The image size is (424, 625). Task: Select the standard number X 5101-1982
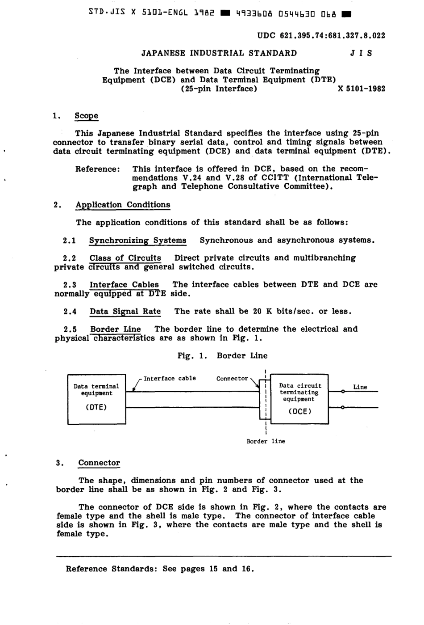362,89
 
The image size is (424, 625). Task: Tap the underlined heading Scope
86,116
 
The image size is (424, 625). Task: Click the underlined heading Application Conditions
123,205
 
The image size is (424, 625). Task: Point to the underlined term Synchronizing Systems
137,241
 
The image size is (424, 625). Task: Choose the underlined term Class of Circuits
125,258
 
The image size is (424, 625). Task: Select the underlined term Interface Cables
124,285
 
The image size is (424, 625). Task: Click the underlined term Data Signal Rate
125,312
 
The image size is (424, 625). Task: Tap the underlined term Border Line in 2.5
115,329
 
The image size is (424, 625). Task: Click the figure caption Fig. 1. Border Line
222,356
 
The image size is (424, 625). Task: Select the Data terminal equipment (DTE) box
96,399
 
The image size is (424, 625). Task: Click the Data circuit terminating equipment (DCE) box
299,399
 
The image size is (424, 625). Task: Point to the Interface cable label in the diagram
170,378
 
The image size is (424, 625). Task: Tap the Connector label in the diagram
232,379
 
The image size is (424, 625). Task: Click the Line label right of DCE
360,387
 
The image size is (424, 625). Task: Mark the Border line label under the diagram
266,441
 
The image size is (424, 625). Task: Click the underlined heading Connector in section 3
99,463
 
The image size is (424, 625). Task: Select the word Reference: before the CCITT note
97,169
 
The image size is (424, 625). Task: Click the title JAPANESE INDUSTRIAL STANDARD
219,53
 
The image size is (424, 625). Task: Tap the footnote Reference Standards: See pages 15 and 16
160,569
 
